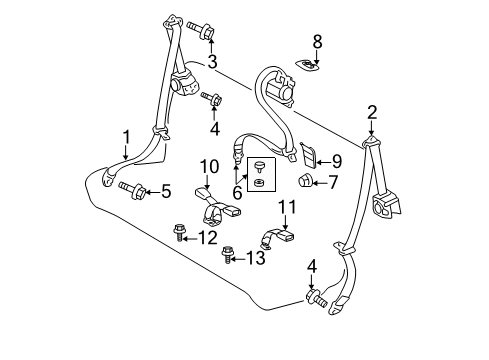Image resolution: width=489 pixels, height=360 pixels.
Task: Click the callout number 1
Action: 126,138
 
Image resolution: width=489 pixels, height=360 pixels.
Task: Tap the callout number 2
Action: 372,113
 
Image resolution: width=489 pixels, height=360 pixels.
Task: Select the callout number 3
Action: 212,62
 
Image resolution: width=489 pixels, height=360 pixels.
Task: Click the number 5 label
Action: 166,191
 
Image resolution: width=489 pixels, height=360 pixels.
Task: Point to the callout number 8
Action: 317,42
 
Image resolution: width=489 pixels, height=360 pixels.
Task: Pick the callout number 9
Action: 337,162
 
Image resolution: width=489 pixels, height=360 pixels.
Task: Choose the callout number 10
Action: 210,166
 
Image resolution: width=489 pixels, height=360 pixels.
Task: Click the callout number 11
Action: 287,207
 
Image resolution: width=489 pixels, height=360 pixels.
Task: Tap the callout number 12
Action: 208,238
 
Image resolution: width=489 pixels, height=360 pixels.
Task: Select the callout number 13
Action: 256,258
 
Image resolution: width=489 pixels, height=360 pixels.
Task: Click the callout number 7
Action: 333,182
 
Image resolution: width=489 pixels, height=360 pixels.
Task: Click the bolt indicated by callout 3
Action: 200,30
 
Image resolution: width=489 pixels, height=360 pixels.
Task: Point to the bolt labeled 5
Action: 132,190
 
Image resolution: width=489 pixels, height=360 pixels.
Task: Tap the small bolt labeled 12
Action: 178,232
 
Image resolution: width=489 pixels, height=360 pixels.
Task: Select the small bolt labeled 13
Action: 227,254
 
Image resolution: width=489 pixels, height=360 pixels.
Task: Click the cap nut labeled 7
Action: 304,181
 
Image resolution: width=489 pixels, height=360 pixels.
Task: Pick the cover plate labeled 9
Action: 308,154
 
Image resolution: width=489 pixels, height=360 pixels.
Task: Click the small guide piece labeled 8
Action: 307,64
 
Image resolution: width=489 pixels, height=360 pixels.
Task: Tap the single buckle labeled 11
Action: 277,238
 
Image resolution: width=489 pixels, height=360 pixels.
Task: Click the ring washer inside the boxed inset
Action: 259,182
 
